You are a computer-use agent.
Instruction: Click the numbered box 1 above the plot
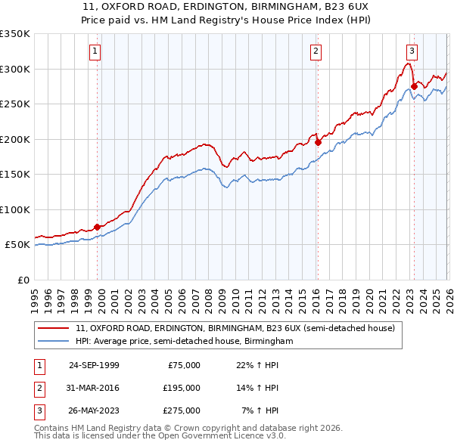point(95,51)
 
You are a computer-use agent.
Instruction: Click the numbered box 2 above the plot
point(315,51)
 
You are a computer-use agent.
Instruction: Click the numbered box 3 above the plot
point(412,51)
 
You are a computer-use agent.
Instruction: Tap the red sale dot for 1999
point(98,227)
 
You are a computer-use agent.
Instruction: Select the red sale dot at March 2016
point(318,142)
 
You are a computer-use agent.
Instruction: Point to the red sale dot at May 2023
point(414,86)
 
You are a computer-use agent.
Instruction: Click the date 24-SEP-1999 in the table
point(94,365)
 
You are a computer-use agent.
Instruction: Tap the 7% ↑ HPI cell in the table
point(260,410)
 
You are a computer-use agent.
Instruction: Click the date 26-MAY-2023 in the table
point(94,410)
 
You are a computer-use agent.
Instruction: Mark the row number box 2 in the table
point(39,388)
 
